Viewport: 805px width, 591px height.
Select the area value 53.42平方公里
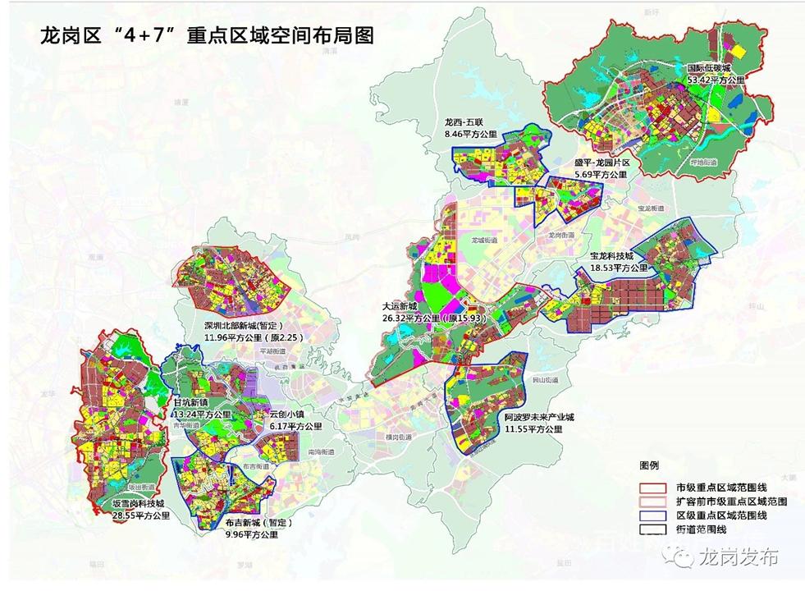(716, 80)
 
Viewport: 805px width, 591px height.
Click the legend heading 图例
(649, 465)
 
